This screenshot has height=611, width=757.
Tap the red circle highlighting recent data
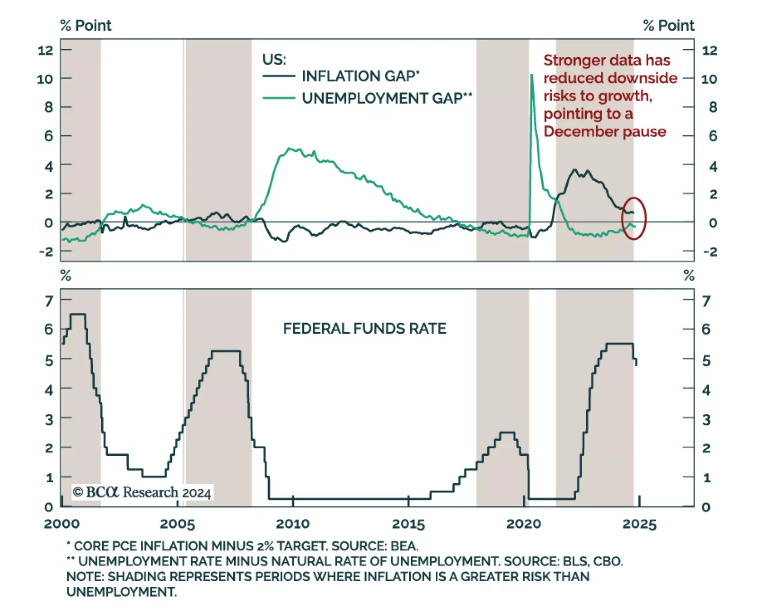pos(634,218)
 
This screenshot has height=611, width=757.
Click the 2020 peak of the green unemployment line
pos(532,76)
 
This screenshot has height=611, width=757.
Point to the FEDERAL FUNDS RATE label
pos(364,328)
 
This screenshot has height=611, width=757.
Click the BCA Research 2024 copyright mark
pos(142,492)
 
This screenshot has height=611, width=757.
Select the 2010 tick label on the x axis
pos(292,524)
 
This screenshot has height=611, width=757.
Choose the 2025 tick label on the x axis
pos(639,524)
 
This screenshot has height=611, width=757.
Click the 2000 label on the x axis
pos(62,524)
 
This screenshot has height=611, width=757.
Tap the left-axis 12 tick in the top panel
pos(46,50)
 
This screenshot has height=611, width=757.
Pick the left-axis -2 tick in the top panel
pos(46,251)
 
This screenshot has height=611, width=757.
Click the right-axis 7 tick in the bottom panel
pos(706,301)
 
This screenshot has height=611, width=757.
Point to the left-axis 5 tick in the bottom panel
pos(49,361)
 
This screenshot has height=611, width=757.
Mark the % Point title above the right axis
pos(669,26)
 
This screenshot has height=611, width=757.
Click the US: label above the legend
pos(274,60)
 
